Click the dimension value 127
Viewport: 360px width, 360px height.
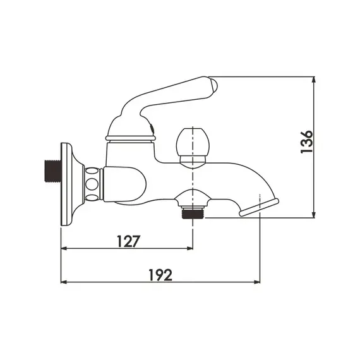click(127, 240)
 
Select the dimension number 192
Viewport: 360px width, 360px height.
click(161, 274)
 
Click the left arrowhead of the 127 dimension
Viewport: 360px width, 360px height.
click(64, 248)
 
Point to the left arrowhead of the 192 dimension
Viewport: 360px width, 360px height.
click(64, 282)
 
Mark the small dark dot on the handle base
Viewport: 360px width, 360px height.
click(152, 131)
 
